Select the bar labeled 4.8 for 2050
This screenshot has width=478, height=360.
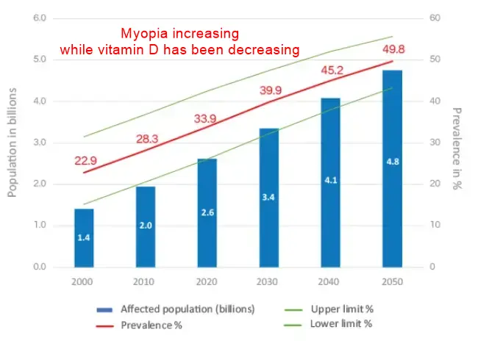pyautogui.click(x=392, y=169)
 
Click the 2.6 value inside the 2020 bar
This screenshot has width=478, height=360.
pyautogui.click(x=207, y=212)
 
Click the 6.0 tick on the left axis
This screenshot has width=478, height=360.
pyautogui.click(x=40, y=18)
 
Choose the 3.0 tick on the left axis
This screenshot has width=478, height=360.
pyautogui.click(x=40, y=142)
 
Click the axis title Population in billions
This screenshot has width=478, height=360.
pyautogui.click(x=13, y=142)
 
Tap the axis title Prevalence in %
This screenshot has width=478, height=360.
pyautogui.click(x=457, y=149)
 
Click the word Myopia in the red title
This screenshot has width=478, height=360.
pyautogui.click(x=143, y=34)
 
